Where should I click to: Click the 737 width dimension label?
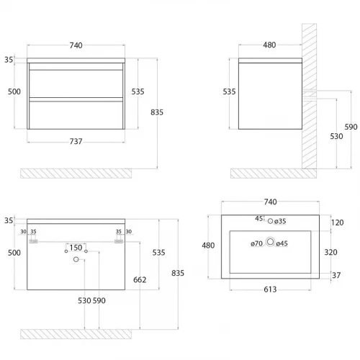[x=76, y=141]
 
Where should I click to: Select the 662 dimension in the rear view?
[x=140, y=279]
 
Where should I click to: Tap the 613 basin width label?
[x=270, y=289]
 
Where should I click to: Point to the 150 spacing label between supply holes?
[x=76, y=248]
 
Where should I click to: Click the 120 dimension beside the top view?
[x=338, y=222]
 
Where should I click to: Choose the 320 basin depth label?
[x=330, y=252]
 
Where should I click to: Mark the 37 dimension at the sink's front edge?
[x=336, y=275]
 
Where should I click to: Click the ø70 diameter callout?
[x=256, y=243]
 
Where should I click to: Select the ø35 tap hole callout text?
[x=280, y=221]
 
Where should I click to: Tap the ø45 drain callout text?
[x=282, y=243]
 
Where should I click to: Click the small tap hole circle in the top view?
[x=270, y=221]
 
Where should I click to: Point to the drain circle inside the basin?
[x=270, y=242]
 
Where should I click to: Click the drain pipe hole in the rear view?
[x=76, y=259]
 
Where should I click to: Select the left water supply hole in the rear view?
[x=66, y=251]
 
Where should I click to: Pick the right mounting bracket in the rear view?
[x=119, y=241]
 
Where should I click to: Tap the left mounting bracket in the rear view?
[x=33, y=241]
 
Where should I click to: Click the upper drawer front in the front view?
[x=76, y=84]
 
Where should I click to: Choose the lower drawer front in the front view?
[x=76, y=115]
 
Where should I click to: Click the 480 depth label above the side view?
[x=269, y=45]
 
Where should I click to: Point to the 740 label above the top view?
[x=270, y=202]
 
